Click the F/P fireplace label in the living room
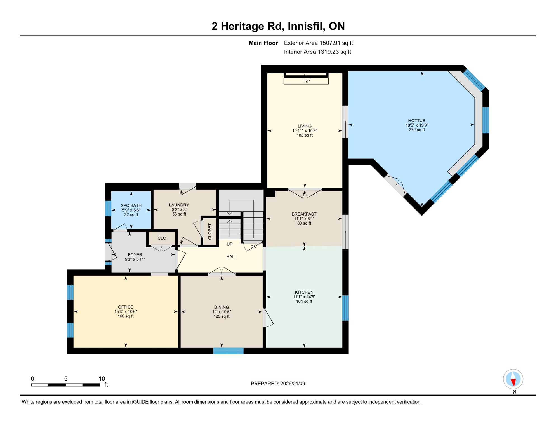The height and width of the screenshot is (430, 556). (307, 81)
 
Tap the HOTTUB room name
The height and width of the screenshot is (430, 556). (416, 121)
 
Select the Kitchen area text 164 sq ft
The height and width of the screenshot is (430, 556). (304, 302)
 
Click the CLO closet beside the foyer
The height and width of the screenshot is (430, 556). (162, 238)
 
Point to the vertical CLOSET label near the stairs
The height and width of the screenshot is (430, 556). (210, 232)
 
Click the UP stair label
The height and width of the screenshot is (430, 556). (229, 244)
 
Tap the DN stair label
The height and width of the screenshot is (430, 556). (253, 247)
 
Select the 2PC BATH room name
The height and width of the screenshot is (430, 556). (131, 205)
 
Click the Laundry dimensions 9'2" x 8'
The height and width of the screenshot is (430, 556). (179, 209)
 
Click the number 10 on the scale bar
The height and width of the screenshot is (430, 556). (102, 379)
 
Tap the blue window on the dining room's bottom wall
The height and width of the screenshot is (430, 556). (228, 351)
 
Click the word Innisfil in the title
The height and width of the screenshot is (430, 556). (306, 26)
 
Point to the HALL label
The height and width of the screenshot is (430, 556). (231, 257)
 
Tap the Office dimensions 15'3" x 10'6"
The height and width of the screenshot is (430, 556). (126, 312)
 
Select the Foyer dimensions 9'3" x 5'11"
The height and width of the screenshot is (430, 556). (135, 259)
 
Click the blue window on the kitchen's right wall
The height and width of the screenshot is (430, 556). (345, 308)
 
